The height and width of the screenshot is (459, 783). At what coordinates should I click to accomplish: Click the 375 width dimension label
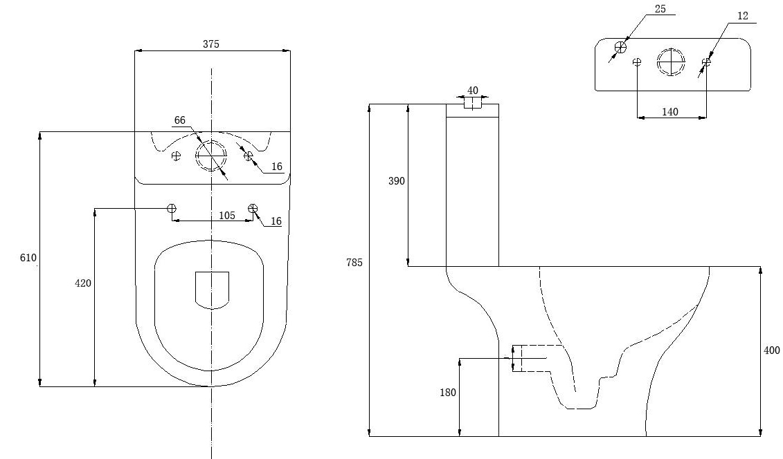coord(210,44)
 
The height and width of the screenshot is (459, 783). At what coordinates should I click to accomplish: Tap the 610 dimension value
coord(28,258)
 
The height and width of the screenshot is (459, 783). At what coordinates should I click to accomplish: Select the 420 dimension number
coord(83,283)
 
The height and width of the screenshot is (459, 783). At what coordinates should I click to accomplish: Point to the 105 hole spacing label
coord(226,215)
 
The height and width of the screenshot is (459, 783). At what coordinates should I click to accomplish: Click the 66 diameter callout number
coord(180,120)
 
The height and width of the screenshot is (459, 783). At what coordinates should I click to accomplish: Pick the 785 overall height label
coord(354,262)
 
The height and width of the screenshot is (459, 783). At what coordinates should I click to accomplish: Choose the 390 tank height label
coord(397,181)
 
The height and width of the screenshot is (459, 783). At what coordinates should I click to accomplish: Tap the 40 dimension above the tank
coord(472,90)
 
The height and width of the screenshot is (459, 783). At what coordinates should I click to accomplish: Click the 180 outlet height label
coord(447,392)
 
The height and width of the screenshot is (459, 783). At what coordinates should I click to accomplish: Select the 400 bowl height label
coord(771,350)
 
